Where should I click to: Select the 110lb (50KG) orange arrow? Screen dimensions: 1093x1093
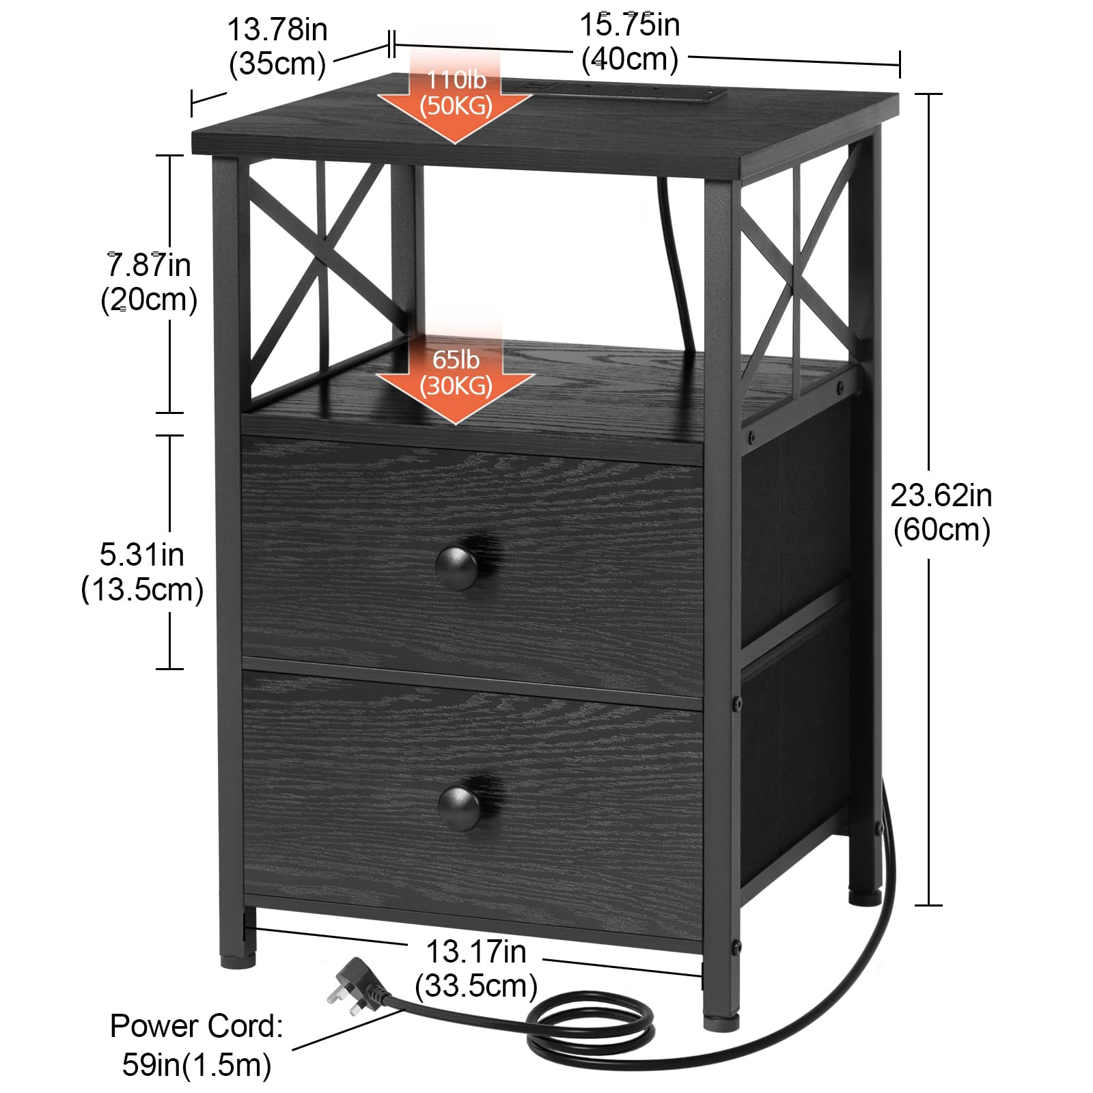tap(455, 95)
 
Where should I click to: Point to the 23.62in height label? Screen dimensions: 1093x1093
tap(941, 512)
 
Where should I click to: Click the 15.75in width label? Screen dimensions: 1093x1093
tap(629, 42)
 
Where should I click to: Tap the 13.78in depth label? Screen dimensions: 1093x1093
tap(277, 46)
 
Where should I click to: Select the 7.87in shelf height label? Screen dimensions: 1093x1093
tap(149, 282)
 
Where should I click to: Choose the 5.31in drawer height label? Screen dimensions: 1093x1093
tap(142, 572)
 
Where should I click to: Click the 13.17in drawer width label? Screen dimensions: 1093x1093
tap(476, 969)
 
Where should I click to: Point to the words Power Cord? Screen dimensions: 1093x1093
tap(197, 1026)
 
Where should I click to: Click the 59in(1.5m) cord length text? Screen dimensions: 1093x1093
tap(197, 1065)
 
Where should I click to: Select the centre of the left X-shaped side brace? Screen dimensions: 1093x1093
tap(318, 281)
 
